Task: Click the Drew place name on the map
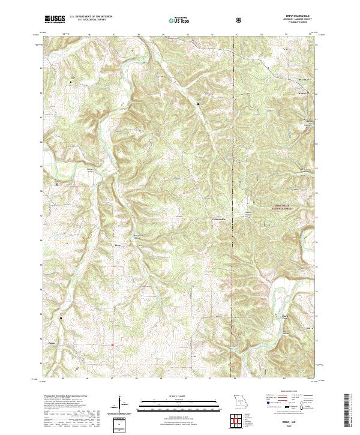pyautogui.click(x=118, y=245)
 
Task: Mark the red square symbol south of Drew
pyautogui.click(x=112, y=344)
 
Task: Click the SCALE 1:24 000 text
pyautogui.click(x=172, y=395)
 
